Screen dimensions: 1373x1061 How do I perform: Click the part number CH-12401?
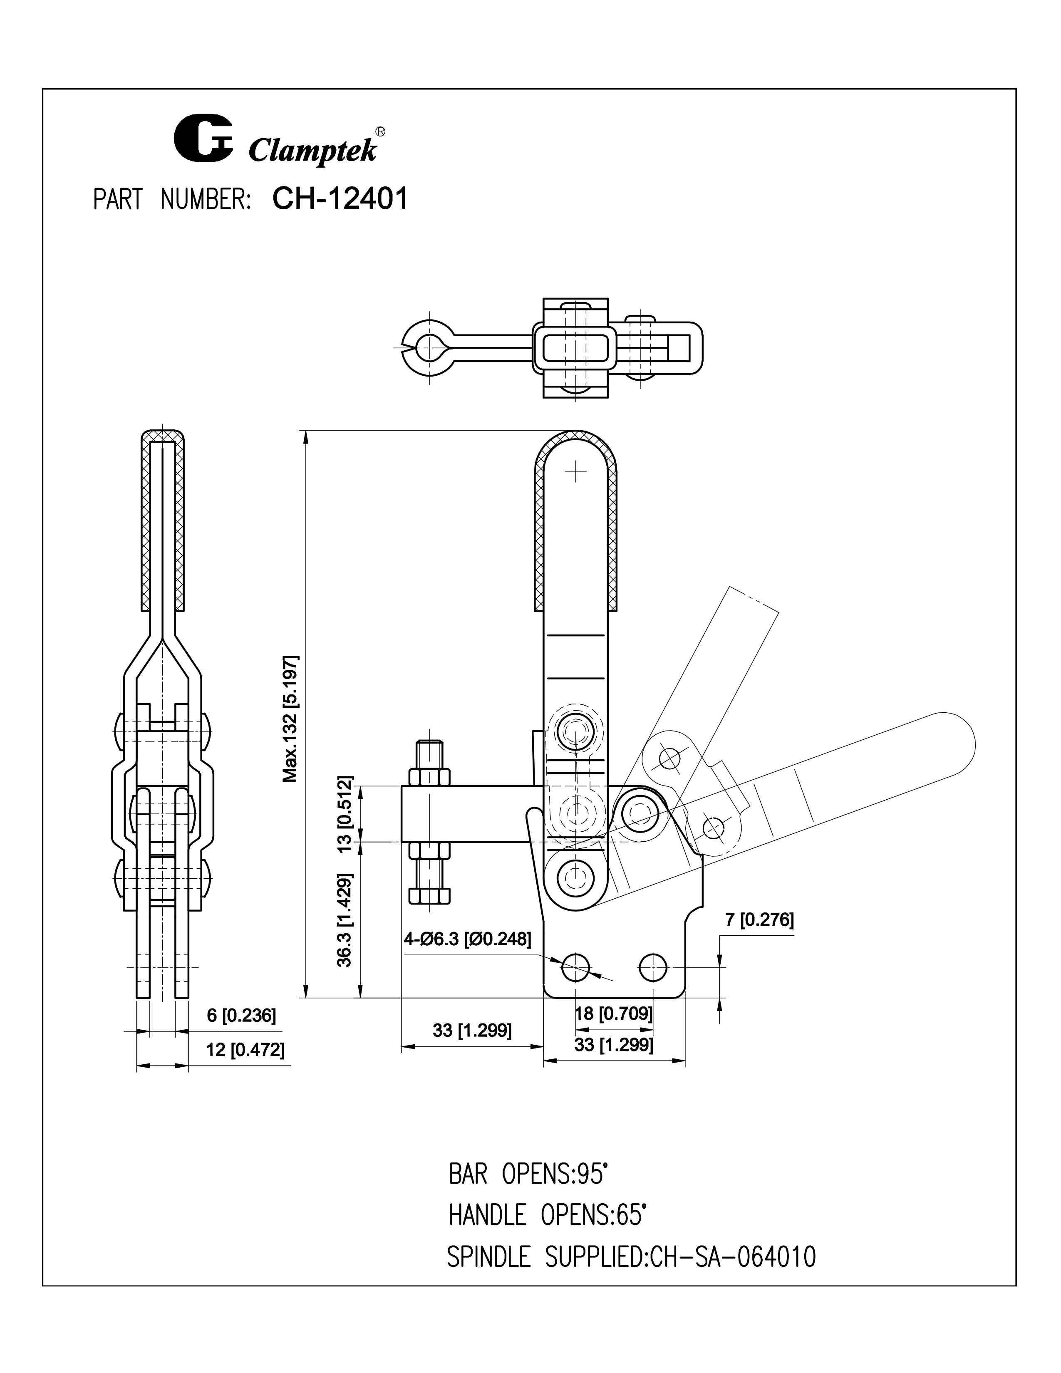[x=340, y=198]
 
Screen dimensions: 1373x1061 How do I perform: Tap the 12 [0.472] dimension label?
[x=245, y=1049]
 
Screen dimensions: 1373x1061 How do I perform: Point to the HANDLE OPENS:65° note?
[x=547, y=1215]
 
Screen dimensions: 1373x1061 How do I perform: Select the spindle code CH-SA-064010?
[x=733, y=1257]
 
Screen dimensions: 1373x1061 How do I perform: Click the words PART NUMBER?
[x=172, y=200]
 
